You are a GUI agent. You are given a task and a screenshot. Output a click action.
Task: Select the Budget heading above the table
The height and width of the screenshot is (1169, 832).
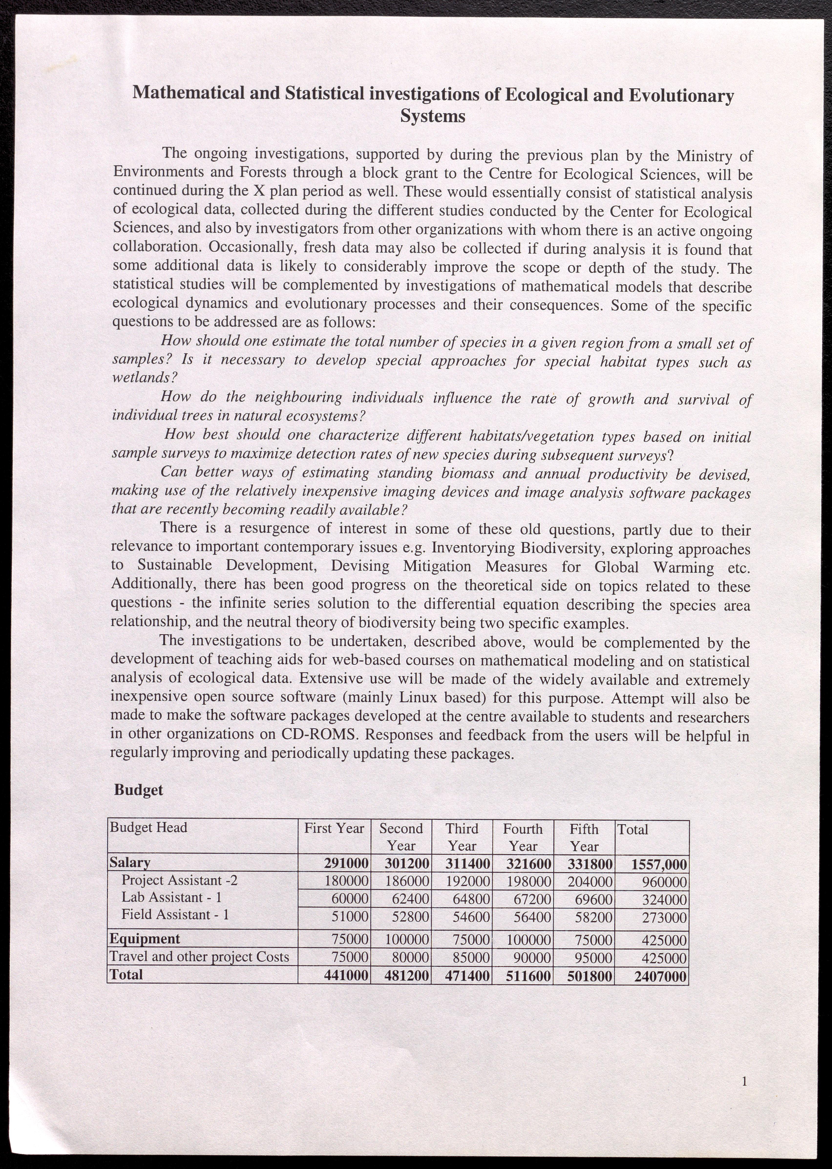tap(138, 790)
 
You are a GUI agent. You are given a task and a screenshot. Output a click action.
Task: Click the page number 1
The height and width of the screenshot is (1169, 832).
tap(744, 1081)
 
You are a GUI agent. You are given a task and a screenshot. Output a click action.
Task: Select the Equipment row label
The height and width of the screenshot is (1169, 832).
tap(145, 939)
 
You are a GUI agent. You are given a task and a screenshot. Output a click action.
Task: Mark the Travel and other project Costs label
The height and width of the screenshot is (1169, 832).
tap(199, 957)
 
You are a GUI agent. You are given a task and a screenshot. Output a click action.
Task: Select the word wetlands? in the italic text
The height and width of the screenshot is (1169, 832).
tap(145, 378)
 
